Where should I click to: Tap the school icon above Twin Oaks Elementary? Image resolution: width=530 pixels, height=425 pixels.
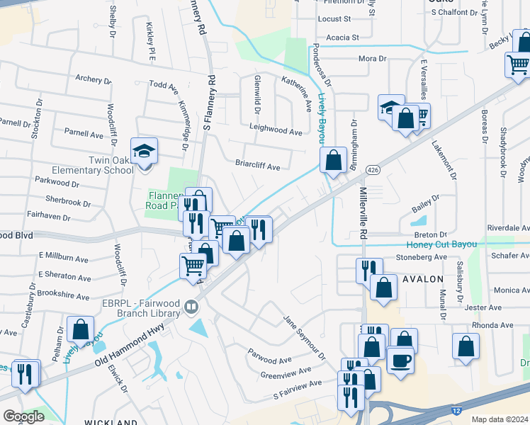[x=145, y=152]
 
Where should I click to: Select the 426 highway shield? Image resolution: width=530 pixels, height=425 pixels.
[x=373, y=170]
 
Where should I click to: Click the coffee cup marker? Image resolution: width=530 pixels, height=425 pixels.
[x=400, y=361]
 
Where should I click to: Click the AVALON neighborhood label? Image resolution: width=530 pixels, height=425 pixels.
[x=422, y=279]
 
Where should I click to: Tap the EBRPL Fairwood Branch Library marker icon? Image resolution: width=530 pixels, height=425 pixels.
[x=191, y=307]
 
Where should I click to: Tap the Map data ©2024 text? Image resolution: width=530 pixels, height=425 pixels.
[x=500, y=419]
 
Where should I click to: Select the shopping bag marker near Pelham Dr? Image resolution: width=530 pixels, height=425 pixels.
[x=80, y=330]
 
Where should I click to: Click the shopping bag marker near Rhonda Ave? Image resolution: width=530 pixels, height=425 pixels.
[x=466, y=348]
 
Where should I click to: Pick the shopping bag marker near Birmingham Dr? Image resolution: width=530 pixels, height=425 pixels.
[x=332, y=160]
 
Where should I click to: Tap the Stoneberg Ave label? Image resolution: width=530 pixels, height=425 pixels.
[x=422, y=257]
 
